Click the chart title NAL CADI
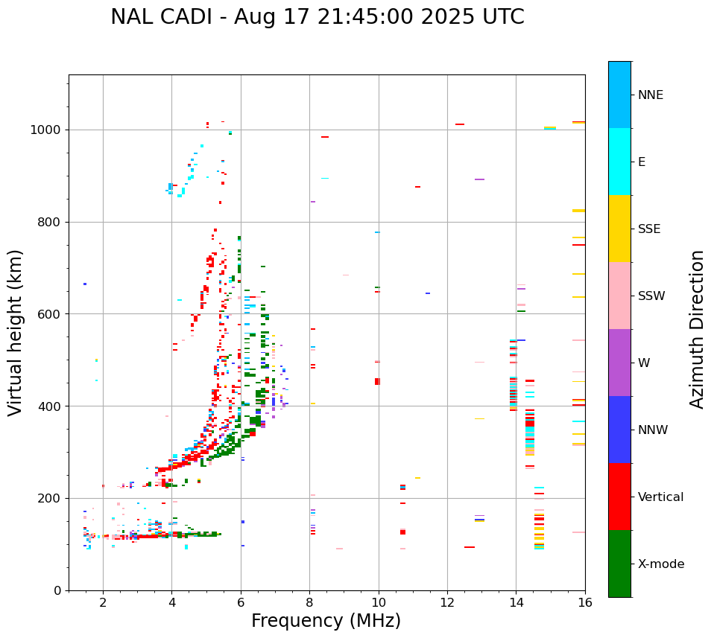pos(317,17)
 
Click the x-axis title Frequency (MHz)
pos(326,621)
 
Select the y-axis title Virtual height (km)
pos(16,332)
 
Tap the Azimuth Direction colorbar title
pos(697,329)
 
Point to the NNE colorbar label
pos(650,95)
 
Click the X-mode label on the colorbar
pos(660,564)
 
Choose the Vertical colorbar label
pos(660,497)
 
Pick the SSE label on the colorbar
pos(648,229)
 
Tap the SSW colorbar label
pos(651,296)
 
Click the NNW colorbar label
pos(653,430)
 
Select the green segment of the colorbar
pos(619,564)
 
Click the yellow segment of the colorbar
pos(619,229)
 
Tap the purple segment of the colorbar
pos(619,363)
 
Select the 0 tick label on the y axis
pos(57,590)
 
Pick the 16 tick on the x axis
pos(585,602)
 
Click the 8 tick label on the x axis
pos(309,602)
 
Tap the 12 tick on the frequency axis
pos(447,602)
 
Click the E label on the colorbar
pos(642,162)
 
